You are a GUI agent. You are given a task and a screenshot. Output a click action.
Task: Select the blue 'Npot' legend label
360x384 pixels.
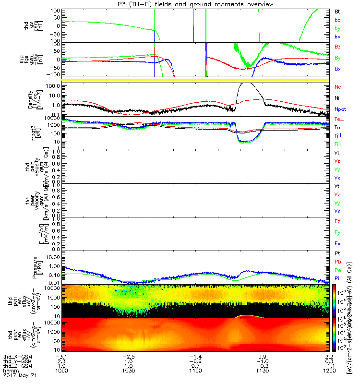coord(339,109)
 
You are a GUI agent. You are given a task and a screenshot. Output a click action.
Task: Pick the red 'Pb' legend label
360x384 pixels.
coord(337,263)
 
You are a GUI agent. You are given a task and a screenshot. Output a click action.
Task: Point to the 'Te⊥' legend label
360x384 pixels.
coord(338,119)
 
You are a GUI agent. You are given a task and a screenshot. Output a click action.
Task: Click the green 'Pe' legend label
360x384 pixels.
coord(337,271)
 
